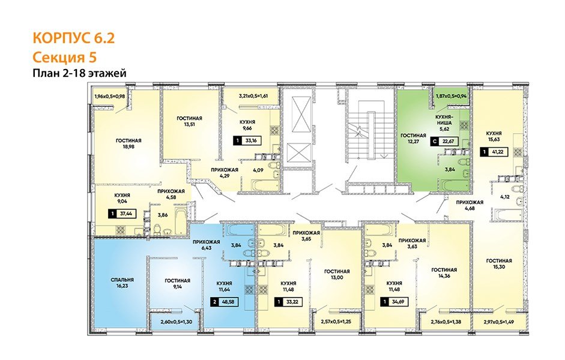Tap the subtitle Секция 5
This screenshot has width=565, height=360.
[64, 57]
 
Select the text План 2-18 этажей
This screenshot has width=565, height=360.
[80, 73]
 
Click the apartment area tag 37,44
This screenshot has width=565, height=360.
[122, 214]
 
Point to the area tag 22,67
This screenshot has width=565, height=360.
[445, 142]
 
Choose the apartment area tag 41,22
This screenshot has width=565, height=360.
[494, 152]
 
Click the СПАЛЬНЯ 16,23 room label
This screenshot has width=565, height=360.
[122, 283]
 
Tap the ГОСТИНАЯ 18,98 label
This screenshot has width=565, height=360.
[128, 143]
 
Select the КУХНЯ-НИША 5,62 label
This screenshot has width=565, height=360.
[446, 123]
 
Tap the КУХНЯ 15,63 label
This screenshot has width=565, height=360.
[494, 136]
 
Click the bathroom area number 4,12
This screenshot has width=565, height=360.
[505, 197]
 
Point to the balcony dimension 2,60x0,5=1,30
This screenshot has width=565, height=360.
[175, 323]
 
